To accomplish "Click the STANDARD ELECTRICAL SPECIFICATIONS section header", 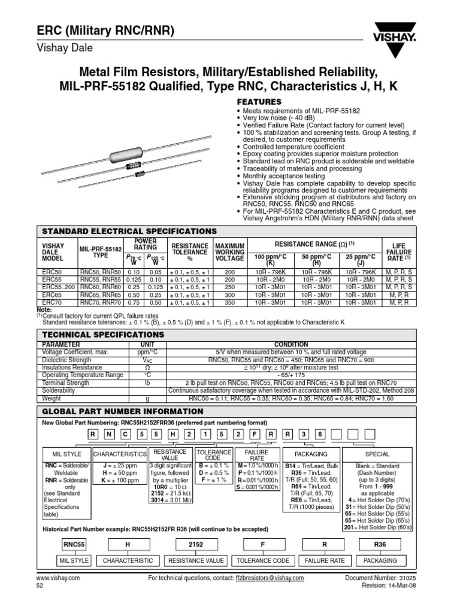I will coord(127,231).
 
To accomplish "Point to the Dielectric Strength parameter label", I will coord(65,361).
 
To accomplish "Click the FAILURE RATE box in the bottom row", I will coord(325,560).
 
